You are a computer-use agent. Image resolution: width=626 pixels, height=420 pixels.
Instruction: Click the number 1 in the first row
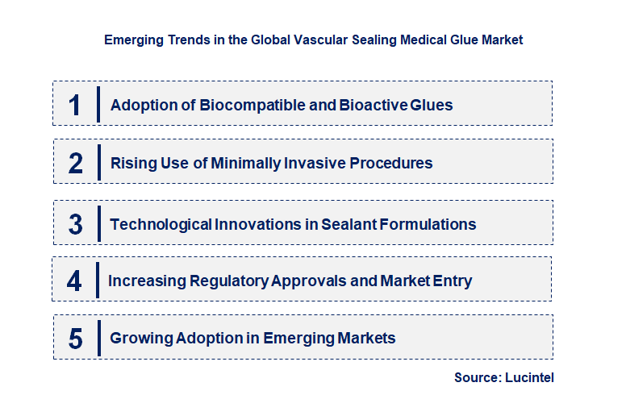point(75,105)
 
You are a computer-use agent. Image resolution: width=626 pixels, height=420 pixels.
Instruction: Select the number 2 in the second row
point(75,163)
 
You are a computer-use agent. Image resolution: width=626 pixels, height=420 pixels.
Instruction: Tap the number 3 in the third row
point(75,224)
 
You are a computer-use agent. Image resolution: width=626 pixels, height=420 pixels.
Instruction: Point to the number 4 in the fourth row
point(75,281)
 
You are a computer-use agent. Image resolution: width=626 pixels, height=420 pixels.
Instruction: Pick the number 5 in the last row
point(75,339)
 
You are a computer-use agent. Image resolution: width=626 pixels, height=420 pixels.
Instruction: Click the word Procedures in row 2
point(393,163)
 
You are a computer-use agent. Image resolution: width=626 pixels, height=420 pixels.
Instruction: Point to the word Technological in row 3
point(161,224)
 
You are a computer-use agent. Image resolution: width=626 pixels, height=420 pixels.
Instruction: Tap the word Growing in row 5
point(140,339)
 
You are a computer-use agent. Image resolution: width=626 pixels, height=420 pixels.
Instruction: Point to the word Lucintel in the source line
point(529,377)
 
